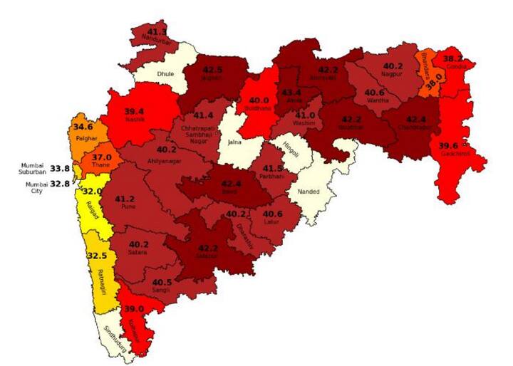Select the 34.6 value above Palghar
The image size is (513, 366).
coord(83,127)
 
